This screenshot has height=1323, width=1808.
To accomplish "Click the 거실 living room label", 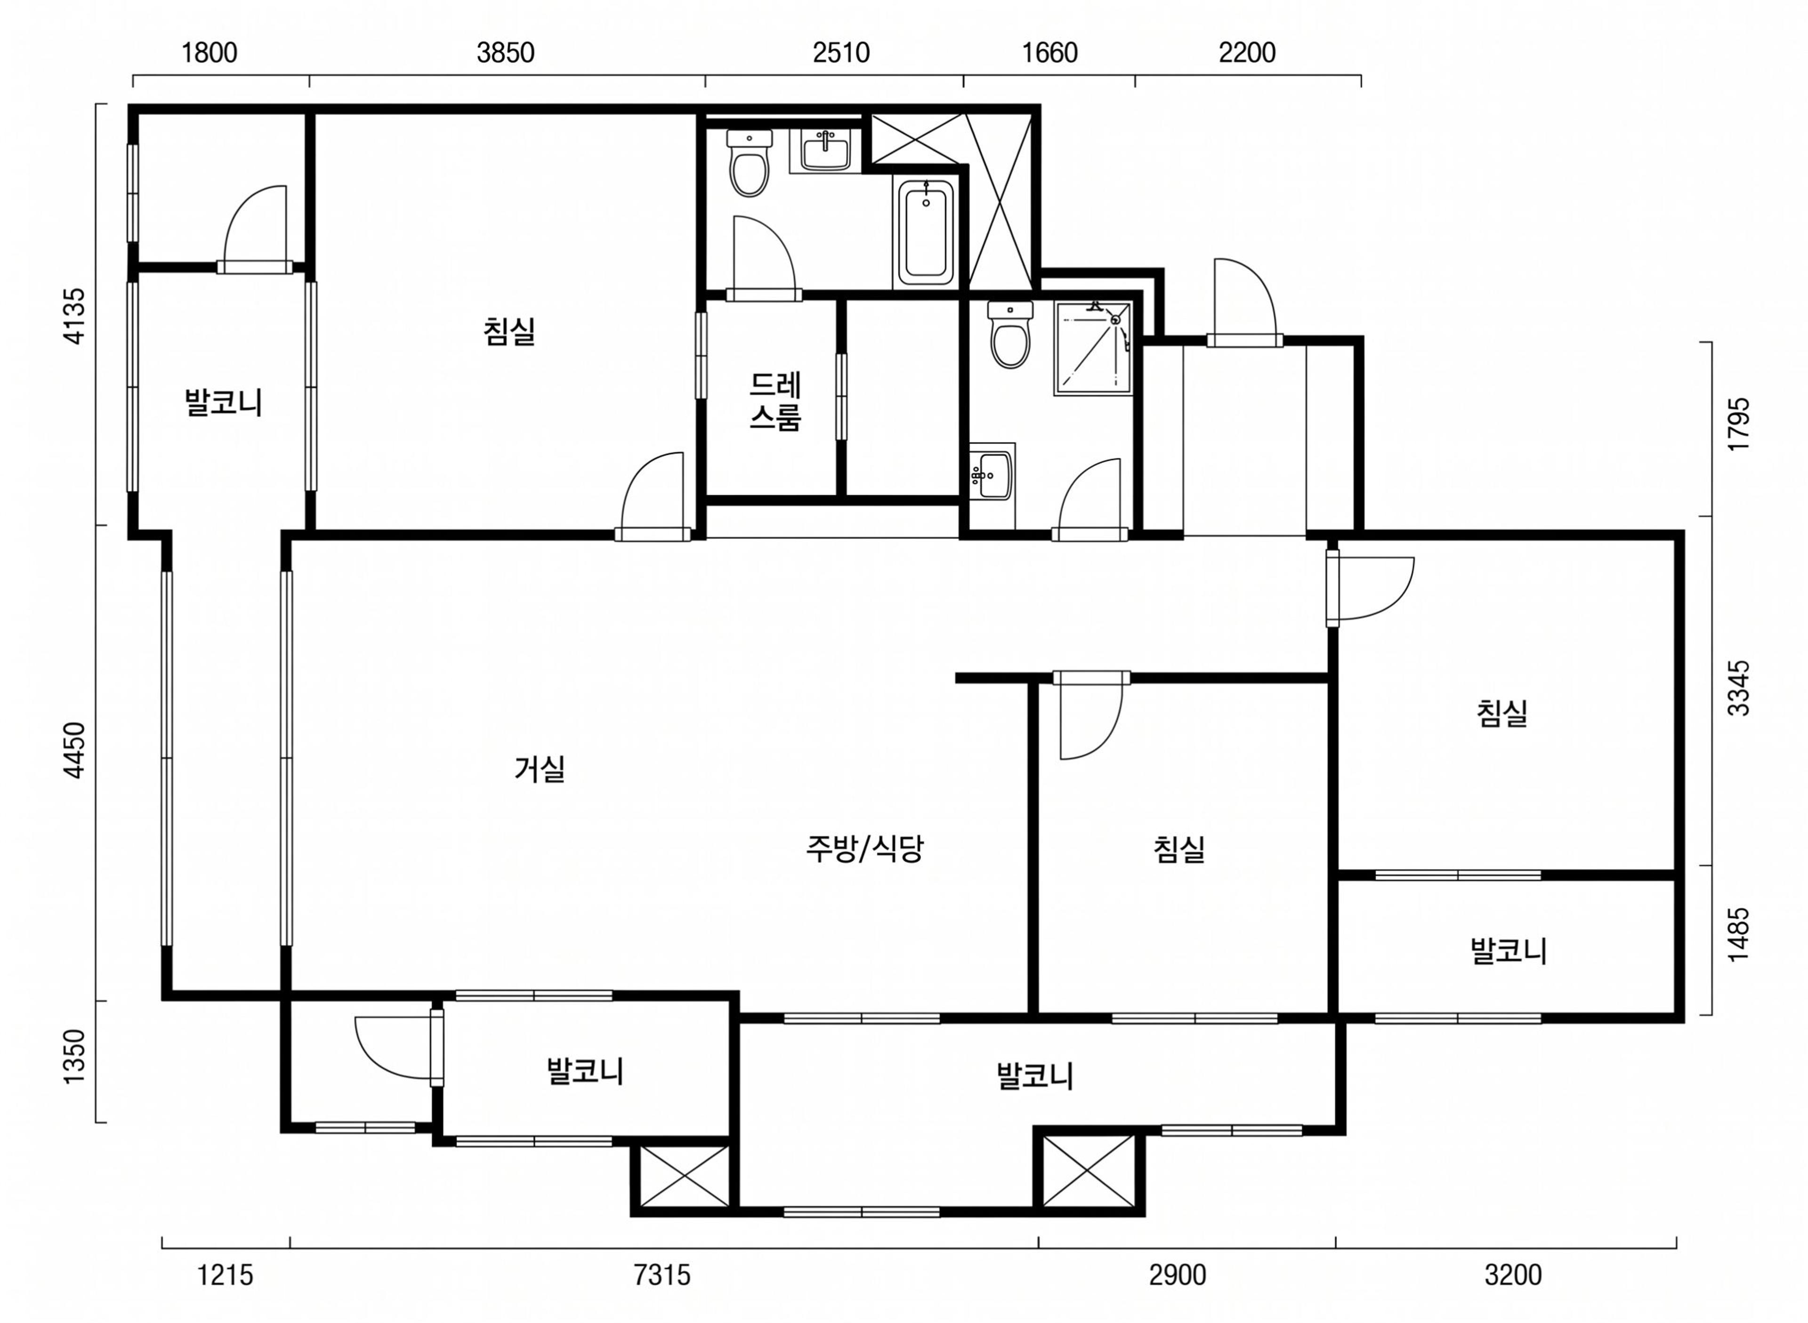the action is [540, 769].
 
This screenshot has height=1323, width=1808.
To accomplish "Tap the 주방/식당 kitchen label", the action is [864, 848].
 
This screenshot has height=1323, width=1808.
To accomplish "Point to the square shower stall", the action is [1093, 347].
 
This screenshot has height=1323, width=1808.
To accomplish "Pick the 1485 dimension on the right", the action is [1738, 935].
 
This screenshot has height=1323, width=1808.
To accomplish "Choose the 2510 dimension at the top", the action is [841, 53].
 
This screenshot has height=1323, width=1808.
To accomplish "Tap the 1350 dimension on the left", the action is [74, 1056].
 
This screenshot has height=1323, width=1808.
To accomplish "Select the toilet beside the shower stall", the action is [1010, 334].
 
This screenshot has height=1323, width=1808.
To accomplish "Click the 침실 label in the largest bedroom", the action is [509, 331].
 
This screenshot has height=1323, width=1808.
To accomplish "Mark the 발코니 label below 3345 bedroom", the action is [1508, 951].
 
